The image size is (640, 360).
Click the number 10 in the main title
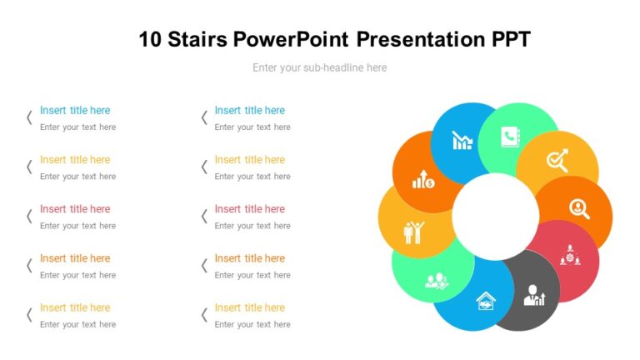[x=152, y=39]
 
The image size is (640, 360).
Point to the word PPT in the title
[x=507, y=39]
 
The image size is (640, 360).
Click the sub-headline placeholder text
[x=319, y=67]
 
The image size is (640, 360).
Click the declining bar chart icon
[x=462, y=140]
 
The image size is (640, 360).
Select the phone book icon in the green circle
[x=510, y=136]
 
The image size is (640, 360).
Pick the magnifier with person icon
[x=579, y=207]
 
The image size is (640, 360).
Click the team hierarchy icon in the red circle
[x=569, y=255]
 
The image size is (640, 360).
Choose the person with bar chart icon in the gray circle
[x=533, y=295]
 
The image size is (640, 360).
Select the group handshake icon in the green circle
[x=437, y=281]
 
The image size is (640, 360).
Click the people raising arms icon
[x=413, y=231]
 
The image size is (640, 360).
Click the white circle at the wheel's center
[x=495, y=216]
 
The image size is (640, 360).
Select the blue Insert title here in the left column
[x=75, y=110]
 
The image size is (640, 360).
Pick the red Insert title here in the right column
[x=249, y=208]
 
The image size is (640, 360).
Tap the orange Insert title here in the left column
[x=75, y=258]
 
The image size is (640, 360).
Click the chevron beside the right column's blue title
[x=204, y=117]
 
